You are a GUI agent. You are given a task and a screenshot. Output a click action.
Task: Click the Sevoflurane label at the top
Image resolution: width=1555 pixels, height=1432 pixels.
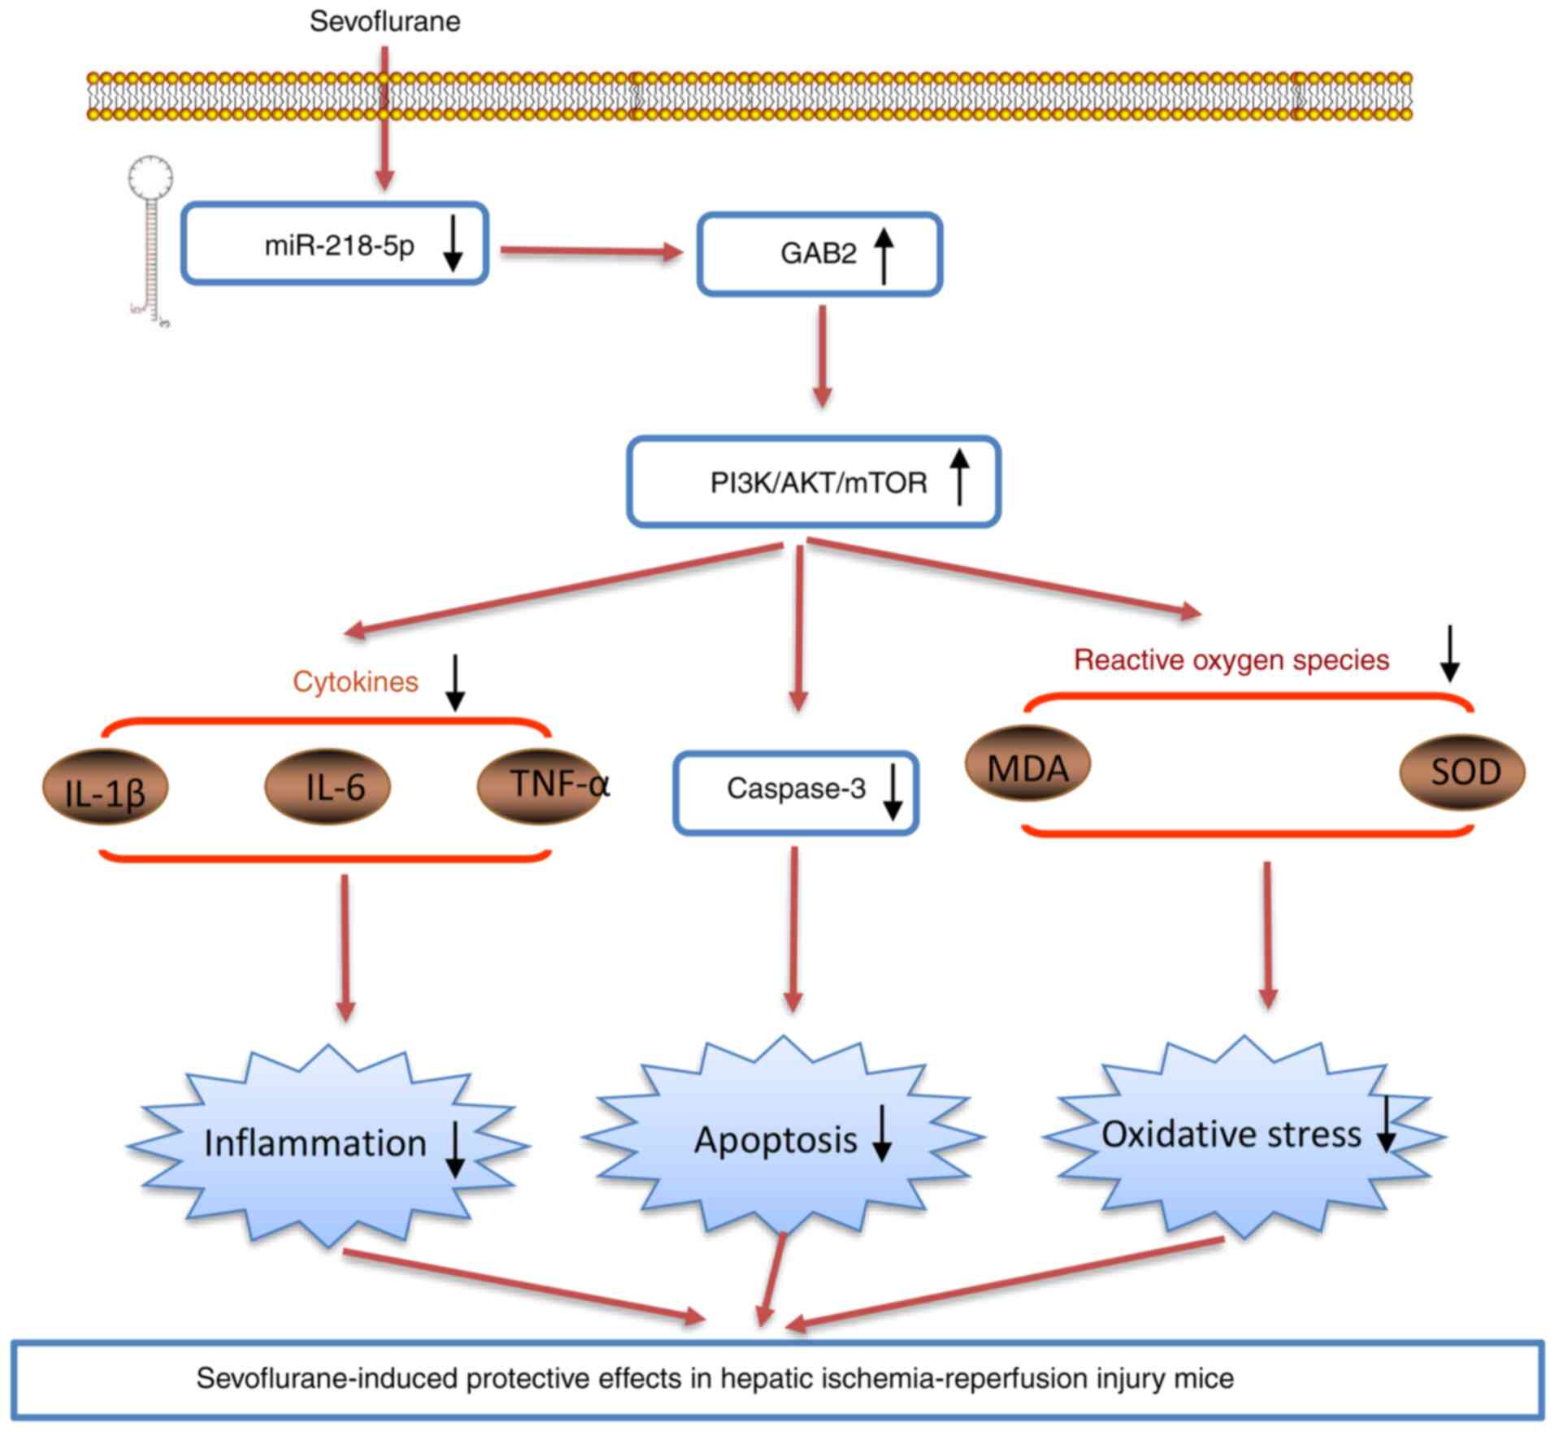pos(384,21)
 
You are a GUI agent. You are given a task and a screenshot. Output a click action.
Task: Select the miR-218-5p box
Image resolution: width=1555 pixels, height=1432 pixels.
pos(334,244)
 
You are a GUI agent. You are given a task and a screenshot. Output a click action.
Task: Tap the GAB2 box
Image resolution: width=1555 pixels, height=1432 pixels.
pos(819,254)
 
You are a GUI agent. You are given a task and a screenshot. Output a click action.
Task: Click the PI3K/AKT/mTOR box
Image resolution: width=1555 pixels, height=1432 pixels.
pos(814,482)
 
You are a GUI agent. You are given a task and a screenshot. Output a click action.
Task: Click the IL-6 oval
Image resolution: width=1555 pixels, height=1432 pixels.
pos(328,786)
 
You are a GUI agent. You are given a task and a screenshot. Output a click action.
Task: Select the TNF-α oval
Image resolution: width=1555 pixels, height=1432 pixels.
pos(541,786)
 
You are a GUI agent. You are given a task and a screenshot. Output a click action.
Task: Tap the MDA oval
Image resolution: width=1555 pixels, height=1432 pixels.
pos(1027,764)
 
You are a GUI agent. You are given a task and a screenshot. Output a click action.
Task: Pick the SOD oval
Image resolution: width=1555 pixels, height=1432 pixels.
pos(1462,772)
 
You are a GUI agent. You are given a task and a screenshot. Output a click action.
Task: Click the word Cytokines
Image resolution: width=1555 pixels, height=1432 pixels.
pos(355,681)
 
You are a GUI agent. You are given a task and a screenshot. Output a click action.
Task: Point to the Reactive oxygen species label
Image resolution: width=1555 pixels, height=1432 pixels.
pos(1231,659)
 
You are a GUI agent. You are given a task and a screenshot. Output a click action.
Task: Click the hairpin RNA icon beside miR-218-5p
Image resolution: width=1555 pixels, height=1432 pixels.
pos(151,244)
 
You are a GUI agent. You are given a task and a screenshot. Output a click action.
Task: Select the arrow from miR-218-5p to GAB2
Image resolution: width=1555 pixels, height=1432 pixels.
pos(591,251)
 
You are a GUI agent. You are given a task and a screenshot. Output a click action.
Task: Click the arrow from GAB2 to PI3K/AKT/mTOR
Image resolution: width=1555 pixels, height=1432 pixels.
pos(823,356)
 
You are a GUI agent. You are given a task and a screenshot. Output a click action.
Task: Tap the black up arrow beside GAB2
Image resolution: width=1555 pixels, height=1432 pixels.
pos(884,255)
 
